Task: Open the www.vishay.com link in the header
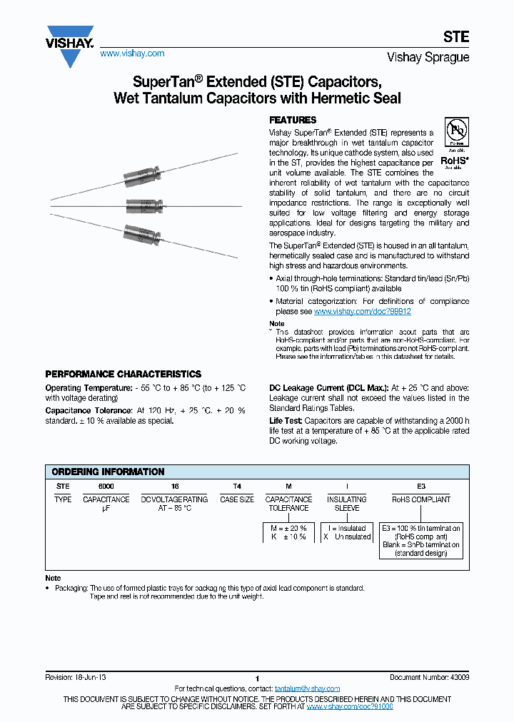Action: coord(131,54)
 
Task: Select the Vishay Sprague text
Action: coord(428,57)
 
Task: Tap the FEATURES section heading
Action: coord(292,120)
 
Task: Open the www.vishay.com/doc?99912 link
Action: coord(362,312)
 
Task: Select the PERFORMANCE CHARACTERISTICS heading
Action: coord(123,374)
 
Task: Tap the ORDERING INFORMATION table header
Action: coord(108,472)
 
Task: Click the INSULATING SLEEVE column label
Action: coord(347,504)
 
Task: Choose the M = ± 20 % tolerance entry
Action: coord(288,528)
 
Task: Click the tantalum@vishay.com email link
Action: coord(307,688)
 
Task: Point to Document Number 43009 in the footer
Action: coord(429,677)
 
